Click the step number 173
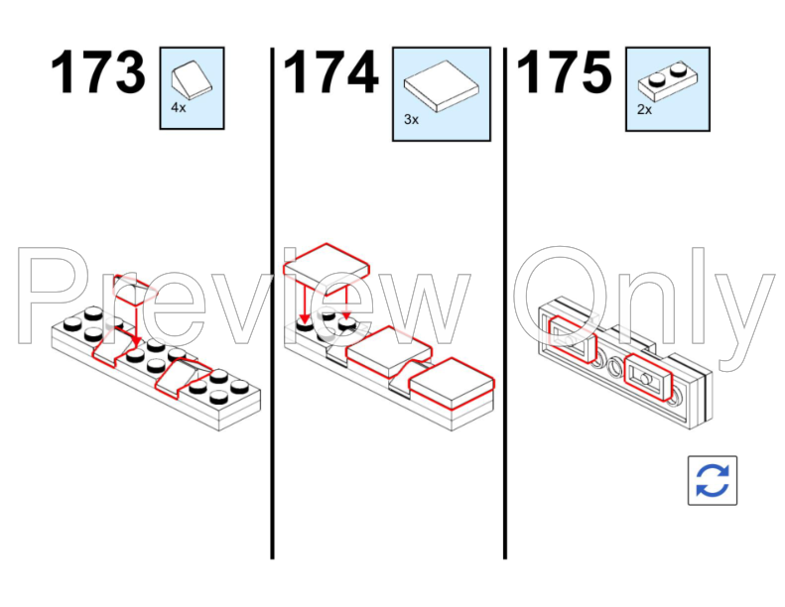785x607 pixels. tap(98, 72)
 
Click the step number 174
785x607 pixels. tap(330, 72)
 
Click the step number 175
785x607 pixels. tap(564, 72)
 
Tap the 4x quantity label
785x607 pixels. tap(179, 107)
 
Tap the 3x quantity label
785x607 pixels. tap(411, 119)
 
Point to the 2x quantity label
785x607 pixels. tap(644, 109)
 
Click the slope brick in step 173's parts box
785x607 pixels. tap(192, 79)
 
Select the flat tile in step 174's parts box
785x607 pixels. tap(441, 86)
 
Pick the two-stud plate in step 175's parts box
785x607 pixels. tap(667, 81)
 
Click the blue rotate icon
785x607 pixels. tap(713, 480)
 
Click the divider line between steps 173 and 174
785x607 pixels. tap(272, 303)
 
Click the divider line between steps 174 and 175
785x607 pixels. tap(505, 303)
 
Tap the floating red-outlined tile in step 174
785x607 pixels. tap(327, 268)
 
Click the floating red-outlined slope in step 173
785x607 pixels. tap(131, 291)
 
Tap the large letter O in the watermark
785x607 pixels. tap(559, 295)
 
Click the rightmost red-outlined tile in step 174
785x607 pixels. tap(452, 384)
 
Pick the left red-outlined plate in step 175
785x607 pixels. tap(573, 339)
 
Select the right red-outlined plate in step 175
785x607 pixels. tap(648, 377)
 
